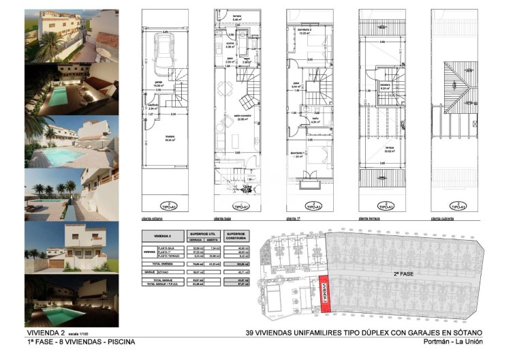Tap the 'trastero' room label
pos(169,136)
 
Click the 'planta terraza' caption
pos(371,219)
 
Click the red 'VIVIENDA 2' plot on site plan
pos(325,295)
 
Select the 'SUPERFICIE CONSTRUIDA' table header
pos(236,235)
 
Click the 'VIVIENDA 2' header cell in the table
pos(161,235)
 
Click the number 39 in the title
pos(251,333)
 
